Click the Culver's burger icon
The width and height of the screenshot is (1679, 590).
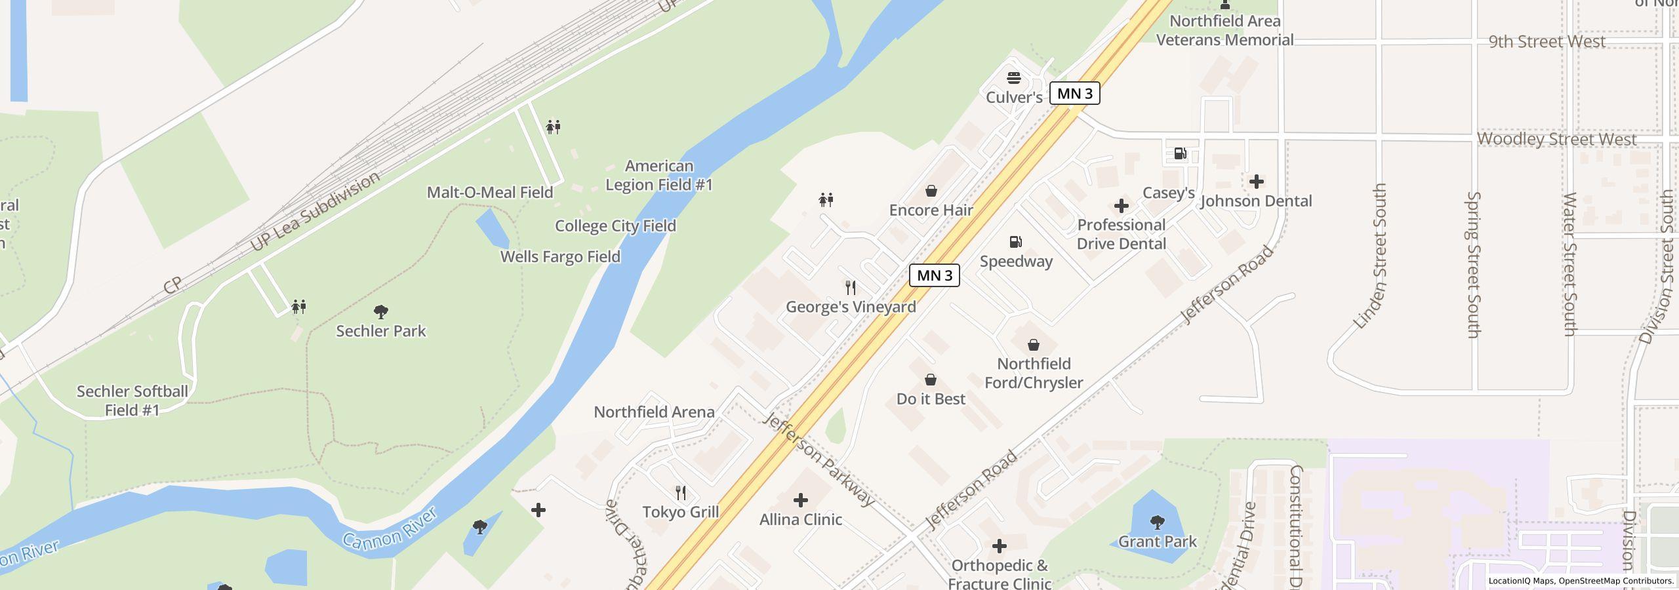pyautogui.click(x=1014, y=78)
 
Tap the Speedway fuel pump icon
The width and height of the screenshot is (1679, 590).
pyautogui.click(x=1016, y=242)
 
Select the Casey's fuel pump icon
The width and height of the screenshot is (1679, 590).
pyautogui.click(x=1180, y=154)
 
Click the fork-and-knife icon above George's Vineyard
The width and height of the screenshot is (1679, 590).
pyautogui.click(x=851, y=288)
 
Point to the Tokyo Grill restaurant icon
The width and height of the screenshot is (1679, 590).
pyautogui.click(x=681, y=493)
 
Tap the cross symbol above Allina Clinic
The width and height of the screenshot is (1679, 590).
pyautogui.click(x=800, y=500)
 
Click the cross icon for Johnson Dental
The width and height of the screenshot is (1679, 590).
pyautogui.click(x=1256, y=182)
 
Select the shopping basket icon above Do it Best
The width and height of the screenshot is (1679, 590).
pyautogui.click(x=930, y=380)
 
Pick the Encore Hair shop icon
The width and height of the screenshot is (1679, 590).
pyautogui.click(x=931, y=191)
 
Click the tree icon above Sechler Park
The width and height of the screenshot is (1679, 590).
pyautogui.click(x=380, y=311)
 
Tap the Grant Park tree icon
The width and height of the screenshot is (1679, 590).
pyautogui.click(x=1157, y=522)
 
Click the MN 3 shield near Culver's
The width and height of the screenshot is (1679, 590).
pyautogui.click(x=1074, y=94)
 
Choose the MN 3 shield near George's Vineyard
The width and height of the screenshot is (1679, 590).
pyautogui.click(x=934, y=275)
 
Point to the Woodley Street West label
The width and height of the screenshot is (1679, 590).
pyautogui.click(x=1556, y=140)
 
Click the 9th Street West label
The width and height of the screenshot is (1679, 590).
pyautogui.click(x=1547, y=42)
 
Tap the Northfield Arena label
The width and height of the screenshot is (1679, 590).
pyautogui.click(x=654, y=412)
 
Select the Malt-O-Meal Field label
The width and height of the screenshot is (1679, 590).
pyautogui.click(x=490, y=193)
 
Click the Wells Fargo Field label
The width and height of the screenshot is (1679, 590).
pyautogui.click(x=560, y=257)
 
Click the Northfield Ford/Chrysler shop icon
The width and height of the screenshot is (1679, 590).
pyautogui.click(x=1033, y=345)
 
